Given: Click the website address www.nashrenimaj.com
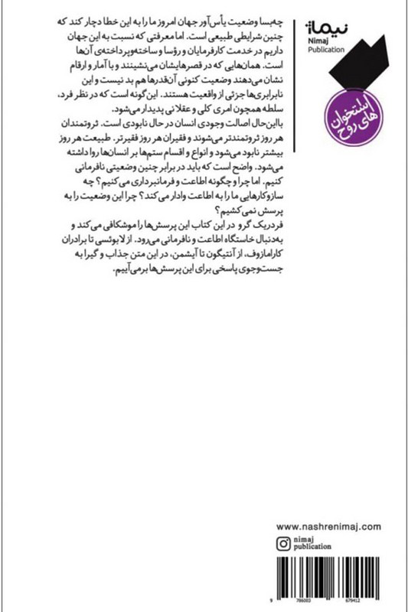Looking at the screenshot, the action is coord(327,528).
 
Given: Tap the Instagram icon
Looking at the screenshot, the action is coord(282,545).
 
